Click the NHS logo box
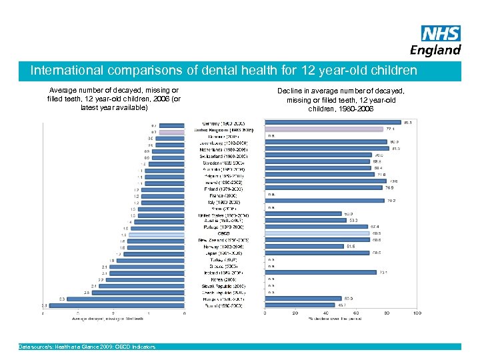point(441,33)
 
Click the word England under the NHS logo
point(436,50)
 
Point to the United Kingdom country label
point(224,131)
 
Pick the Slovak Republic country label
point(224,285)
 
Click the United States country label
point(224,215)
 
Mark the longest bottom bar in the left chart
point(114,305)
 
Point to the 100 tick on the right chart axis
point(417,313)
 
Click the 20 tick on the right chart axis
point(295,313)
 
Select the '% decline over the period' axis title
point(341,319)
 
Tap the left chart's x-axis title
point(114,319)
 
